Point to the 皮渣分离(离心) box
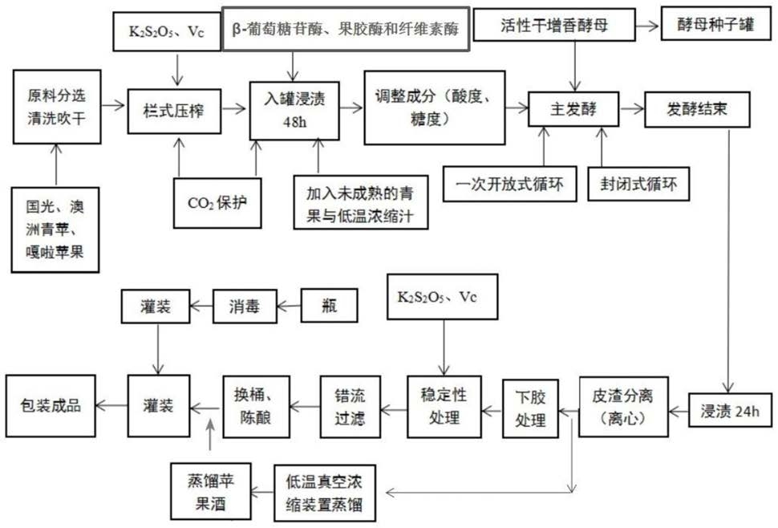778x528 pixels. (x=619, y=406)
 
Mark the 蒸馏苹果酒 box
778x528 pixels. (x=209, y=491)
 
